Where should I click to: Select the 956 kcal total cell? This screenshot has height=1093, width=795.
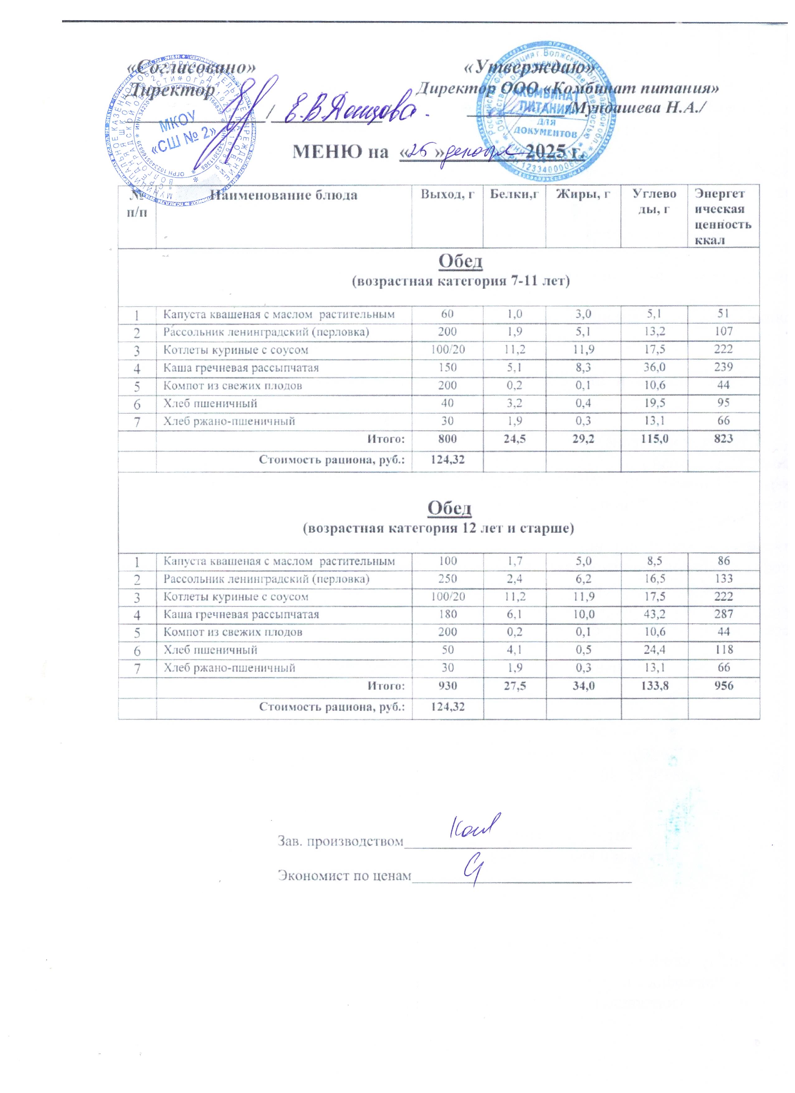[x=723, y=686]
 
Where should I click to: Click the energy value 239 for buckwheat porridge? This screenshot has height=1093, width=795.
[x=723, y=367]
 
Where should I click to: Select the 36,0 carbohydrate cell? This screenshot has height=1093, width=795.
[x=654, y=367]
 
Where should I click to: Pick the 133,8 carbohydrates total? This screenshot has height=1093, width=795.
[x=654, y=686]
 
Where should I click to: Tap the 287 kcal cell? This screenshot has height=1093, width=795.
[x=723, y=614]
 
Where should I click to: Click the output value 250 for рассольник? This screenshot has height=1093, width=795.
[x=447, y=578]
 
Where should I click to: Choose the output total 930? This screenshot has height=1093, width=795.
[x=447, y=686]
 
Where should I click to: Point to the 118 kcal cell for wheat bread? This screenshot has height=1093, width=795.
[x=723, y=650]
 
